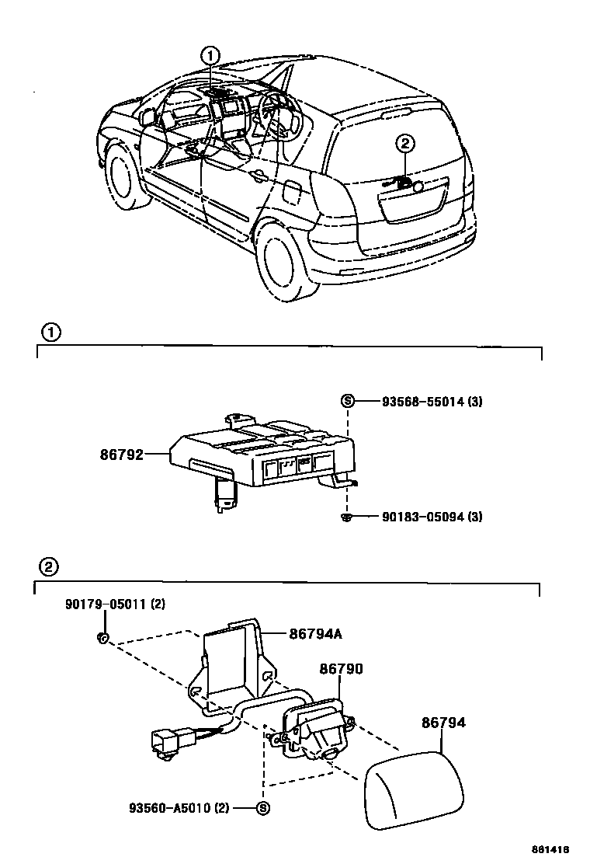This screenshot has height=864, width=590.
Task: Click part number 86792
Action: [x=122, y=454]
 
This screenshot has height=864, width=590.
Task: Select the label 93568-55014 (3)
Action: [x=432, y=402]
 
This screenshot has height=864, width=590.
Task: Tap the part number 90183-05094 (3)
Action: [x=432, y=517]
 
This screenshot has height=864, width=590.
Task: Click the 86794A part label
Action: [x=316, y=633]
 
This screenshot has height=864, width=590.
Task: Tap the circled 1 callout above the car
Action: [x=210, y=55]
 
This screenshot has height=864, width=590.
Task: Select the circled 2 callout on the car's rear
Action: [x=405, y=142]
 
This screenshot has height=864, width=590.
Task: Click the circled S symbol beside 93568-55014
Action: [x=347, y=402]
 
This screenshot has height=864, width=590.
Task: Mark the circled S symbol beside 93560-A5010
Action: [x=262, y=809]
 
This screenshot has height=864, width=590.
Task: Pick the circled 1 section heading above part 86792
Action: [x=50, y=333]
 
